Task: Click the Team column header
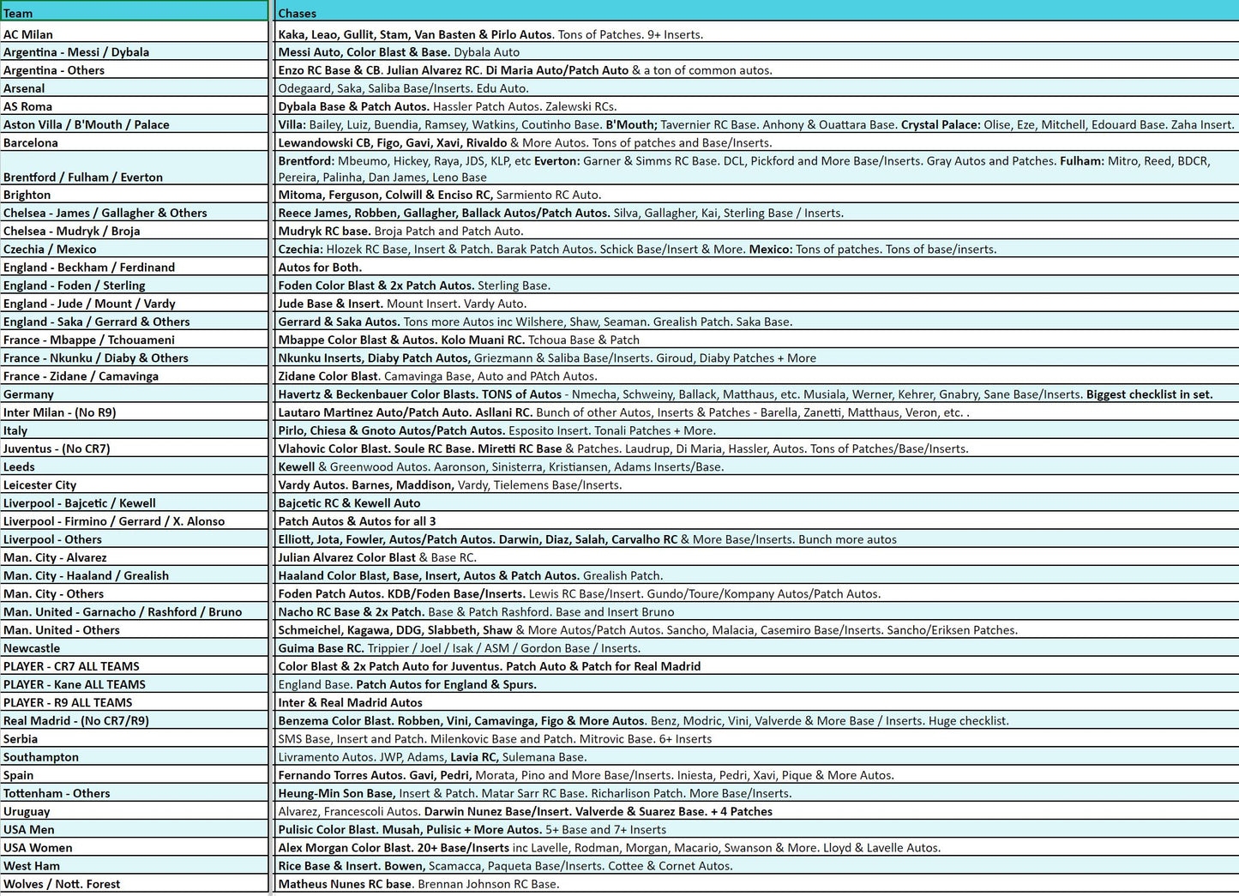pyautogui.click(x=18, y=13)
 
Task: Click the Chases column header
pyautogui.click(x=297, y=13)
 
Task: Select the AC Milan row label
pyautogui.click(x=28, y=34)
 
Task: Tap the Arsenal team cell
pyautogui.click(x=24, y=88)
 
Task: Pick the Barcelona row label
pyautogui.click(x=31, y=142)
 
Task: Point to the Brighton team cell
pyautogui.click(x=27, y=195)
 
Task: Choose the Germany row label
pyautogui.click(x=28, y=394)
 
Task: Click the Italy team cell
pyautogui.click(x=15, y=430)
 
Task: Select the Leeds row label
pyautogui.click(x=19, y=466)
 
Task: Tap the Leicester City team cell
pyautogui.click(x=39, y=484)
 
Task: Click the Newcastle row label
pyautogui.click(x=32, y=648)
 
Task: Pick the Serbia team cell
pyautogui.click(x=21, y=738)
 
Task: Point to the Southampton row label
pyautogui.click(x=41, y=757)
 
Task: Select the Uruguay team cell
pyautogui.click(x=27, y=811)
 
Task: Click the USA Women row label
pyautogui.click(x=38, y=847)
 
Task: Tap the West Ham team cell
pyautogui.click(x=32, y=866)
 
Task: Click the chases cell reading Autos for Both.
pyautogui.click(x=320, y=268)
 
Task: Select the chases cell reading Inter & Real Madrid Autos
pyautogui.click(x=350, y=702)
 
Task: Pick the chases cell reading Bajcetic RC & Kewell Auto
pyautogui.click(x=349, y=503)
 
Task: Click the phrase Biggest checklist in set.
pyautogui.click(x=1149, y=394)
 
